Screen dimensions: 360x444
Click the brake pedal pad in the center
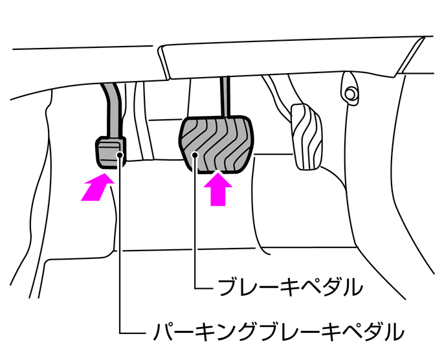[217, 142]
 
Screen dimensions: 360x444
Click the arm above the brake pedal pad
[226, 97]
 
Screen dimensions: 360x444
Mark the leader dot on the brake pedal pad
[196, 155]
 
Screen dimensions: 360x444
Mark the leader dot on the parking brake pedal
[120, 155]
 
